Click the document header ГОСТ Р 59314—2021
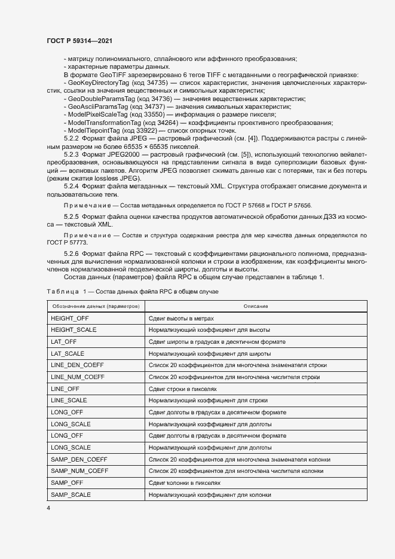pyautogui.click(x=79, y=40)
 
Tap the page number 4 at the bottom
pyautogui.click(x=48, y=508)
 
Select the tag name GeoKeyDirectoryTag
pyautogui.click(x=98, y=83)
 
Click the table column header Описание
pyautogui.click(x=255, y=306)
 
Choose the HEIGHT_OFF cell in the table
pyautogui.click(x=70, y=319)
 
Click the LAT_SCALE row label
pyautogui.click(x=68, y=354)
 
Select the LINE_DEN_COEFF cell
pyautogui.click(x=78, y=365)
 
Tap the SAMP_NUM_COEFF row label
pyautogui.click(x=79, y=471)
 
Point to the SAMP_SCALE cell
pyautogui.click(x=71, y=494)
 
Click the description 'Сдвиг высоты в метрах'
pyautogui.click(x=180, y=319)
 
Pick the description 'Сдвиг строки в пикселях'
pyautogui.click(x=183, y=389)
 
